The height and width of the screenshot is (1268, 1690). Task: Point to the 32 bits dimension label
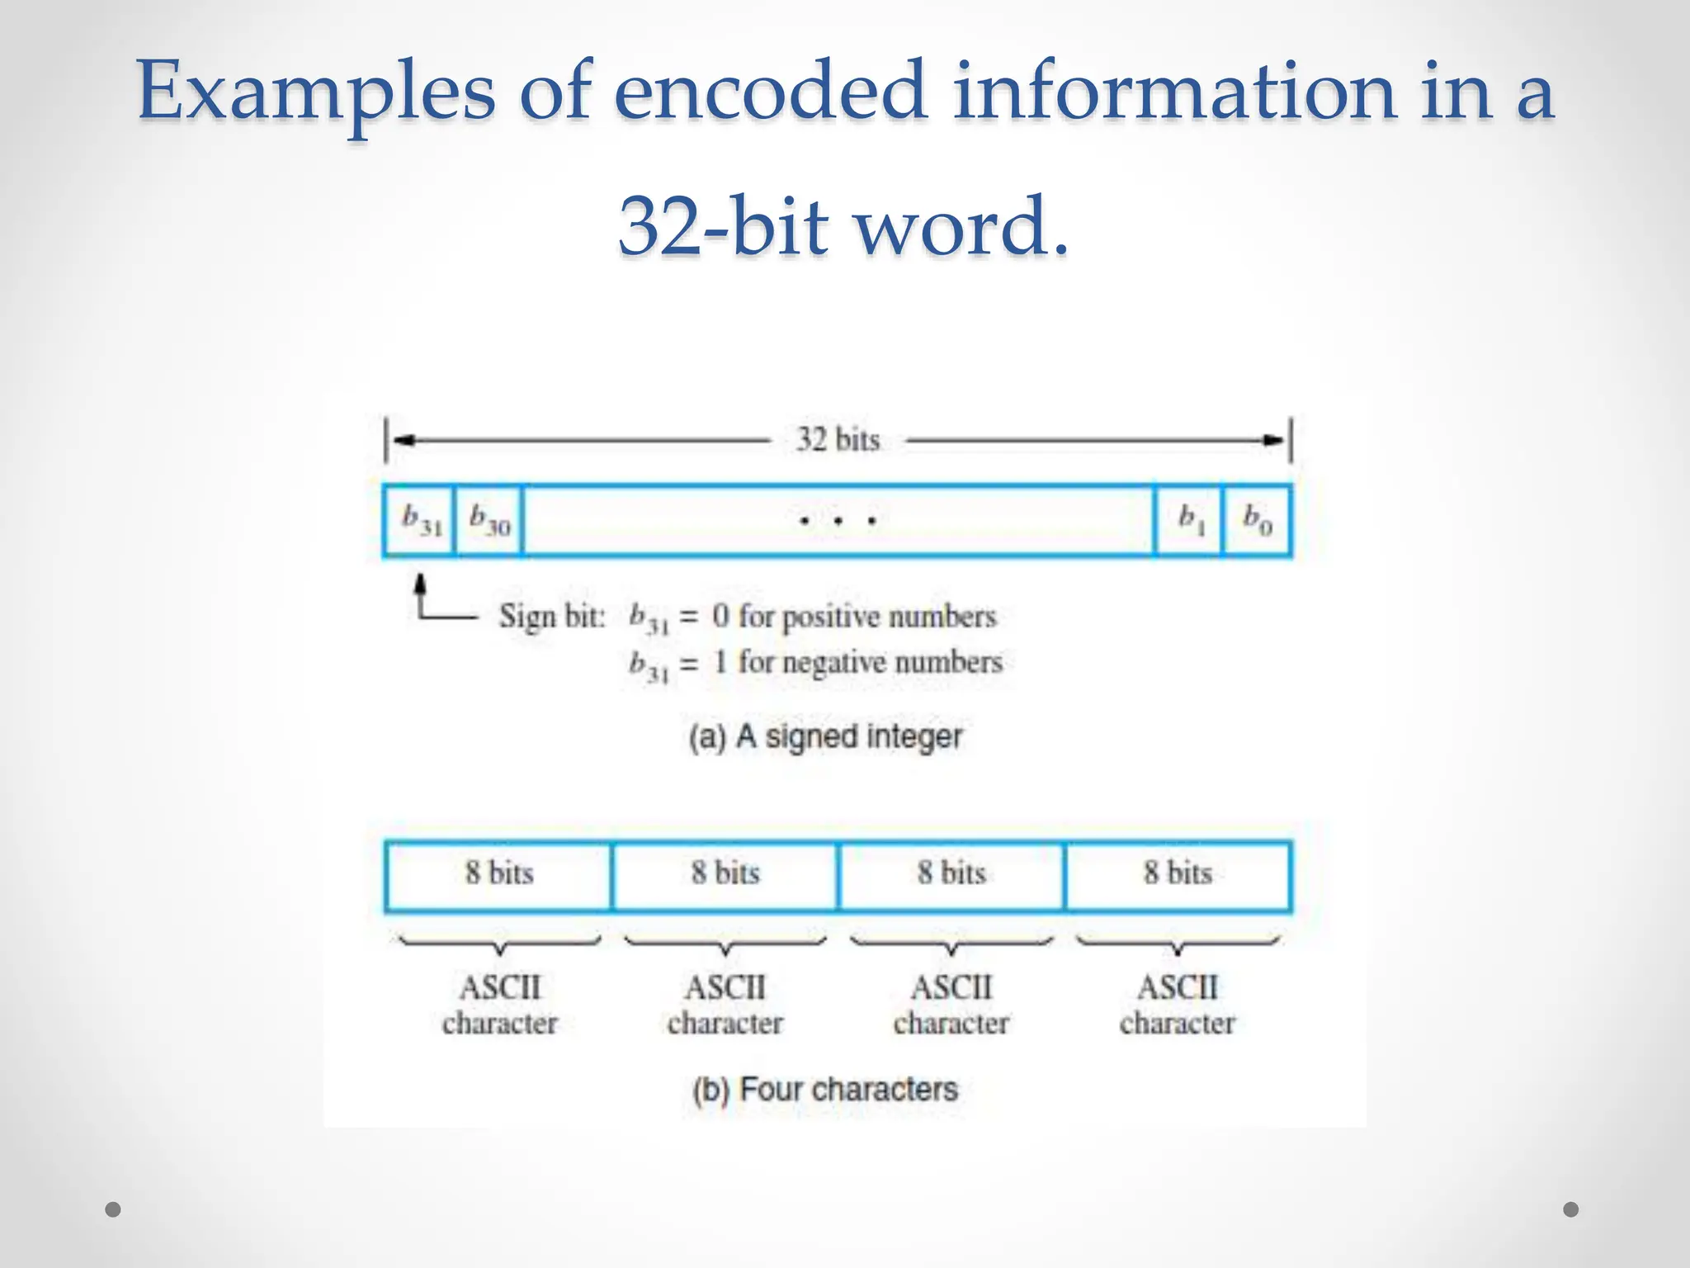838,440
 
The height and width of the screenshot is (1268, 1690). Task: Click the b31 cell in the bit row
420,520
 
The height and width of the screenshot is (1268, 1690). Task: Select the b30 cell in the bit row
489,520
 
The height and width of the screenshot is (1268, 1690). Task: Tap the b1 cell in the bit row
1189,520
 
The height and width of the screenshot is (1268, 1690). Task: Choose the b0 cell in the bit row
1257,520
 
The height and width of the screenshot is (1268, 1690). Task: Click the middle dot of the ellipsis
838,521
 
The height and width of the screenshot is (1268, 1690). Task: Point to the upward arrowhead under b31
421,583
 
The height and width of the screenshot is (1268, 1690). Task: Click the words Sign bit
551,617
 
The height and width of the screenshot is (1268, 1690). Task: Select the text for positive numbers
866,617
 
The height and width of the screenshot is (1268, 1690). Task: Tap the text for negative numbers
870,662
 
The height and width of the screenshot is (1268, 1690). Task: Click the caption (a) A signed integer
825,736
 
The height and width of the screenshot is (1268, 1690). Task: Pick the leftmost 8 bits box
499,875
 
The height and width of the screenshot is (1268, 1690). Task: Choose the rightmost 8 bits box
1178,875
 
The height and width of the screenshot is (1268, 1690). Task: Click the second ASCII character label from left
725,1005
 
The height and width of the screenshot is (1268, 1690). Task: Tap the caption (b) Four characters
825,1090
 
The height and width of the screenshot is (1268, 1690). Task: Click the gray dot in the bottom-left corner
114,1209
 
